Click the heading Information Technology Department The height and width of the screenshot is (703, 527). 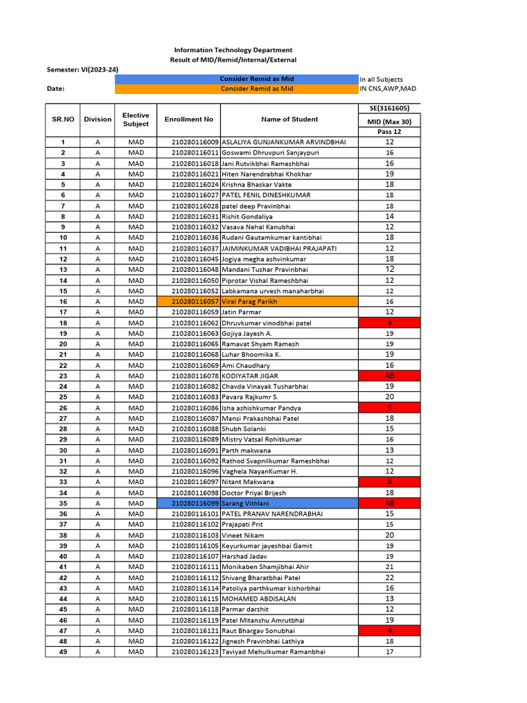click(x=233, y=50)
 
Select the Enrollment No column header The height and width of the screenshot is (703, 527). click(x=189, y=119)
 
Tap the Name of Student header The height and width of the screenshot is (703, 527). click(x=290, y=119)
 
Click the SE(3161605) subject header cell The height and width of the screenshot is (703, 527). click(x=389, y=108)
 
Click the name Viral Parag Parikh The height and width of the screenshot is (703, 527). click(x=250, y=301)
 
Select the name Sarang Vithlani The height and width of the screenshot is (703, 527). click(x=245, y=503)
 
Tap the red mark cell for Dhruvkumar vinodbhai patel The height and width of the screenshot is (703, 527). click(x=389, y=323)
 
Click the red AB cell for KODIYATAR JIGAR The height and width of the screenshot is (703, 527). click(x=389, y=376)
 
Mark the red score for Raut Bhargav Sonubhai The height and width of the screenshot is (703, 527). click(x=389, y=630)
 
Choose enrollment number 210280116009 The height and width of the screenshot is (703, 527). click(x=196, y=142)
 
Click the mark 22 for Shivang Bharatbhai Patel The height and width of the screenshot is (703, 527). click(x=389, y=577)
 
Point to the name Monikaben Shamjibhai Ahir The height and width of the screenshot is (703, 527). click(x=265, y=567)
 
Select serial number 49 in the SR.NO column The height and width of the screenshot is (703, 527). click(x=63, y=652)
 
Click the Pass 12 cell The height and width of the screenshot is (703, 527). click(x=389, y=132)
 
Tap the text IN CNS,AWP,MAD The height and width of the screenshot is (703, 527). click(x=388, y=89)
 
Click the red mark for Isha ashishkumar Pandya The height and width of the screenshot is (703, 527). click(x=389, y=408)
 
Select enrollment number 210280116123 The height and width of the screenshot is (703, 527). click(x=196, y=652)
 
